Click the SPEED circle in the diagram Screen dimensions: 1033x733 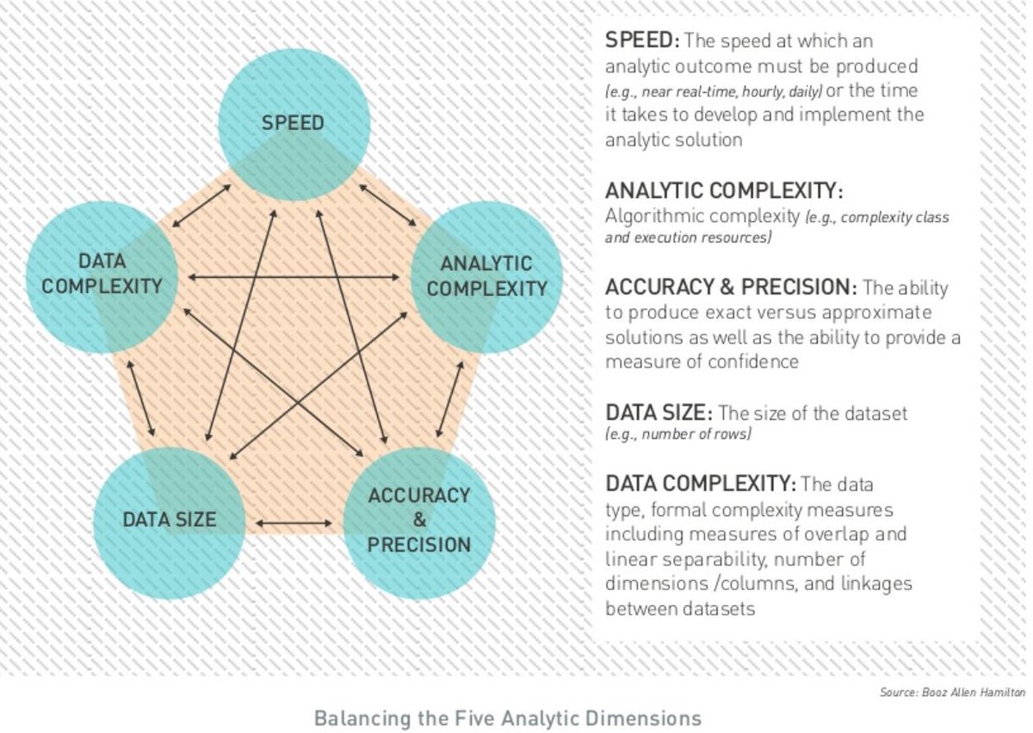[x=294, y=125]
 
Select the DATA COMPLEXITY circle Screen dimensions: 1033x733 [x=102, y=278]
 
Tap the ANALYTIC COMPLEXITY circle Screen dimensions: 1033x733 [x=486, y=278]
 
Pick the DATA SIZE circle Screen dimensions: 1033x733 [x=170, y=523]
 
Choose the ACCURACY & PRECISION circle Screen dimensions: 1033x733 [x=419, y=523]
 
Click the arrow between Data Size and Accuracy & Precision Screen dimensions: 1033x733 [x=294, y=523]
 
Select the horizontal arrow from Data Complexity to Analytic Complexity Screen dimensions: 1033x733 [x=294, y=277]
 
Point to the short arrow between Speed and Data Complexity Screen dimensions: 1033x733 [x=201, y=206]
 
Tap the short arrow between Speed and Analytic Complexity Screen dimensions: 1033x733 [x=388, y=205]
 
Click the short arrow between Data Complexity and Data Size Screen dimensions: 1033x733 [x=140, y=398]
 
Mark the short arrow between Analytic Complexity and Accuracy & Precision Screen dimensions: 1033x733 [x=449, y=399]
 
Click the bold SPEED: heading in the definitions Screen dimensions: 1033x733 [x=642, y=40]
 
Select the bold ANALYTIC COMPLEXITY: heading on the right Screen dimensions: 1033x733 [x=724, y=191]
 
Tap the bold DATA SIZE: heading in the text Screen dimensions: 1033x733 [x=659, y=413]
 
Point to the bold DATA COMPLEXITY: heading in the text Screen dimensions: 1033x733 [x=701, y=484]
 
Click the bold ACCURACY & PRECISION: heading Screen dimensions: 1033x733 [x=731, y=286]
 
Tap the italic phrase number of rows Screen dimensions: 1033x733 [x=696, y=434]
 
